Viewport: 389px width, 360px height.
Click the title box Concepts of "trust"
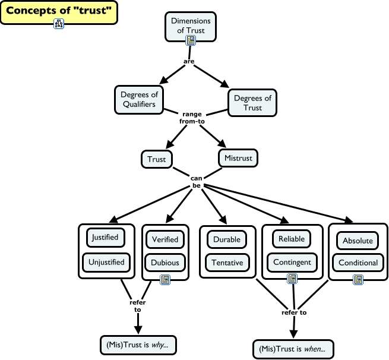pos(59,11)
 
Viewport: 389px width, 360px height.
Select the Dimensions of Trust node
pos(191,26)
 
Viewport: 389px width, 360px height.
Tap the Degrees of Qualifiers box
pos(138,99)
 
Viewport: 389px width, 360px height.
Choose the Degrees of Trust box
pos(252,103)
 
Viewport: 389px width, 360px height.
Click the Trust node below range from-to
pos(157,159)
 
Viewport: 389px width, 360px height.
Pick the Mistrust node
pos(239,159)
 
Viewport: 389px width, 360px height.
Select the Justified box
pos(105,237)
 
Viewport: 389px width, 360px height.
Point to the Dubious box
pos(165,262)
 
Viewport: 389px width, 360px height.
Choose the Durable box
pos(226,239)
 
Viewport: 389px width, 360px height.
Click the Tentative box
pos(226,262)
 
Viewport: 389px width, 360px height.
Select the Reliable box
pos(292,238)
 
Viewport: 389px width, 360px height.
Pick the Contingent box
pos(292,262)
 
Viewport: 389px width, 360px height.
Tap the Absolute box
pos(358,241)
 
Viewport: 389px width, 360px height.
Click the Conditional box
pos(358,263)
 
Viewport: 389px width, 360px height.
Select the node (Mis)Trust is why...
pos(138,345)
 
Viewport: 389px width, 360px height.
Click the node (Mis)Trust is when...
pos(293,348)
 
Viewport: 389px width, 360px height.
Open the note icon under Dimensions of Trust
pos(191,40)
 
